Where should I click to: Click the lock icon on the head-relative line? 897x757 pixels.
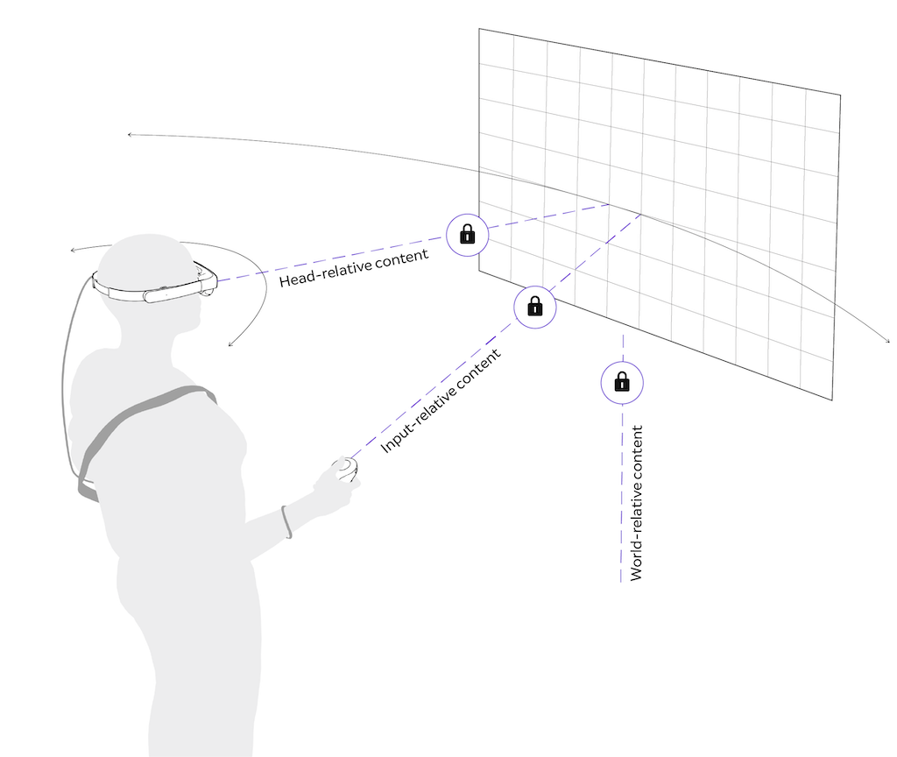coord(468,234)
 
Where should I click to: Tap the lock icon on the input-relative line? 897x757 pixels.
coord(535,307)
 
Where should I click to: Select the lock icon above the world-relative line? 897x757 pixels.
coord(622,382)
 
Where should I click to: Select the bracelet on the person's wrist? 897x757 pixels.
coord(286,521)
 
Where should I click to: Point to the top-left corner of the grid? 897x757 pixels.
coord(479,29)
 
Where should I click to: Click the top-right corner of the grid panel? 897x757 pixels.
coord(840,94)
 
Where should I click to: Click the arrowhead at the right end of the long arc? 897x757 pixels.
coord(888,341)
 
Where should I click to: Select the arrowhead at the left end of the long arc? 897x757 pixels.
coord(130,134)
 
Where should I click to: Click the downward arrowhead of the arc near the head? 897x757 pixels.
coord(230,344)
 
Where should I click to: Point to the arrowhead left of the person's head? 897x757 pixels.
coord(73,251)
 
